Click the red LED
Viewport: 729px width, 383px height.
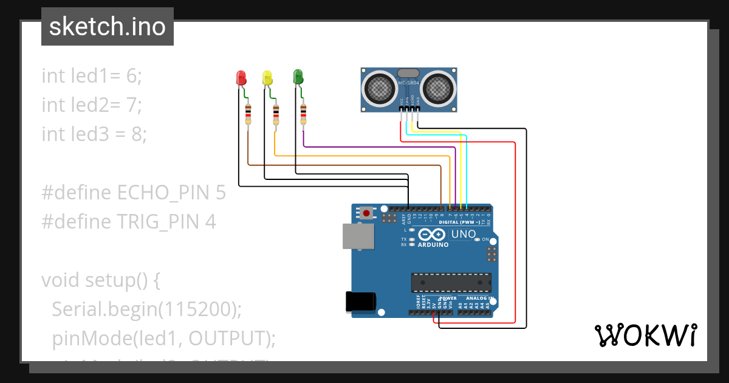pos(241,78)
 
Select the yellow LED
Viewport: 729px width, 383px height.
pos(267,78)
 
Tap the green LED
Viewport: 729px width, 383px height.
pos(298,77)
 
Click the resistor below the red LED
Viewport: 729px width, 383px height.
pos(248,114)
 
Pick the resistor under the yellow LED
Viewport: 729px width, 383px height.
pos(276,114)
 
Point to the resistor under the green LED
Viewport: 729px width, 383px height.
pos(304,114)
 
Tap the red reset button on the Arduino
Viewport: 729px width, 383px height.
pos(366,213)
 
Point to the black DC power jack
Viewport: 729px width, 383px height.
pos(360,302)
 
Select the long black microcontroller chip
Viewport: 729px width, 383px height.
pos(451,283)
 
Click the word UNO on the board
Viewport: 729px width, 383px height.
pos(463,234)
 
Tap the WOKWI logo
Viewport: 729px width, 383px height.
pos(645,335)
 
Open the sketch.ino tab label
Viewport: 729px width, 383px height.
pos(108,27)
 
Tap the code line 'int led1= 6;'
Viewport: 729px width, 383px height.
pos(91,76)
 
